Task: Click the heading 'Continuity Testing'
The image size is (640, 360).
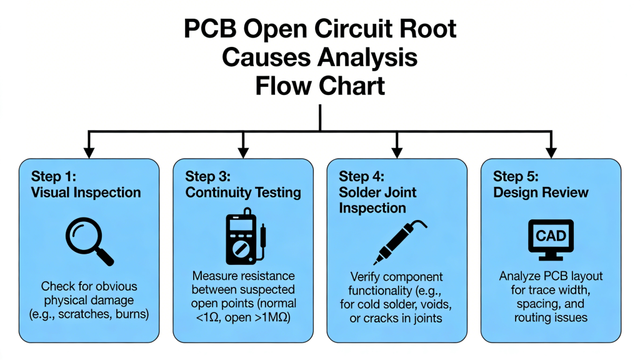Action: [243, 193]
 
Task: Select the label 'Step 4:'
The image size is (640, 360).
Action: [361, 177]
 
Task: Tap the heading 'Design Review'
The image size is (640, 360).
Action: [541, 192]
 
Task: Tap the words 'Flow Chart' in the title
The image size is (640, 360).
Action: [320, 86]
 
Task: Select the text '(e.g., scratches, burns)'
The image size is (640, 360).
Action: [89, 314]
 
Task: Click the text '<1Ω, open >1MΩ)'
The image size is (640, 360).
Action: [244, 317]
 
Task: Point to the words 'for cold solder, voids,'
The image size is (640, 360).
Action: [396, 304]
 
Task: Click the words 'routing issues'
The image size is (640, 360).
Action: [551, 317]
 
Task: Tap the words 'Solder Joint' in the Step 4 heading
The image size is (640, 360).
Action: [377, 192]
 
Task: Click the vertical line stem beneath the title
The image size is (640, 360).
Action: [320, 117]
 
